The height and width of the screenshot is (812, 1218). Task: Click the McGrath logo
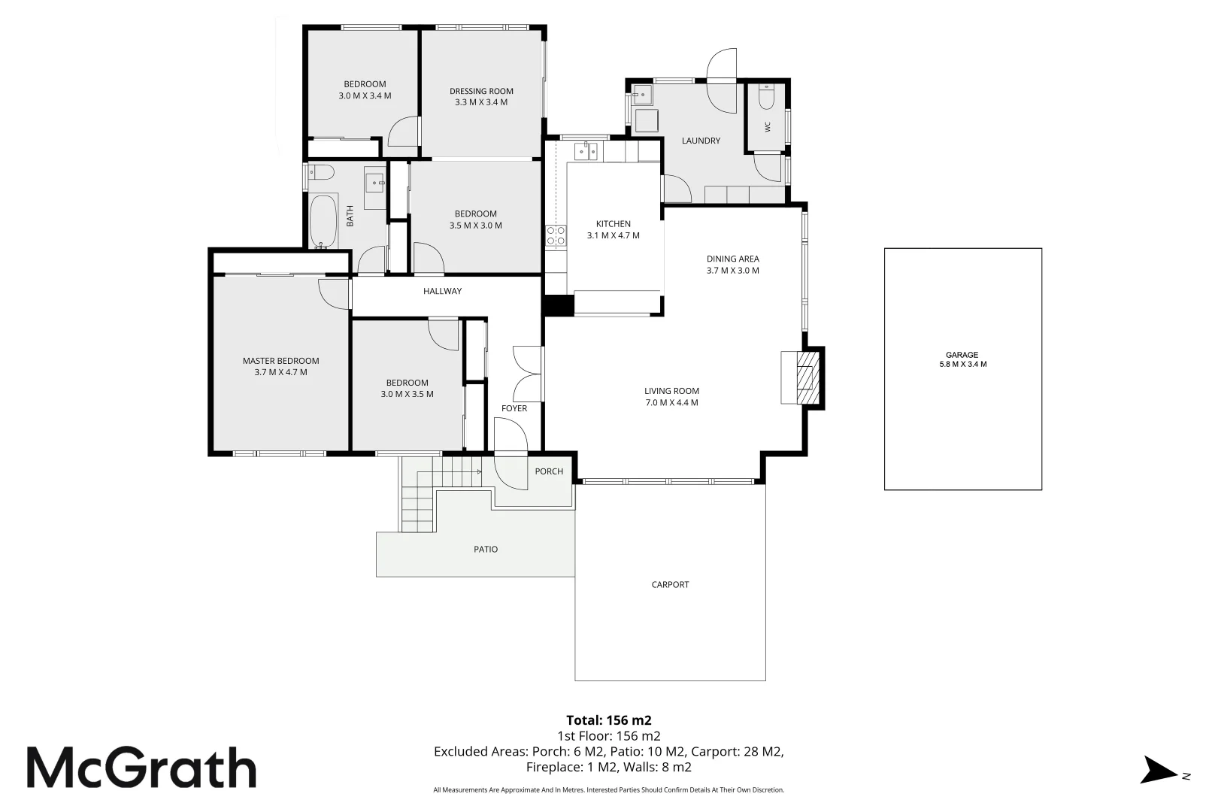tap(141, 767)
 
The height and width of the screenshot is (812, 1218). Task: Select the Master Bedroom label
tap(280, 361)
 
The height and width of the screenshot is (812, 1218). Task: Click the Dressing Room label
tap(481, 91)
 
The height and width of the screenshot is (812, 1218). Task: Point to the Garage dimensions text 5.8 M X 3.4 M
tap(962, 365)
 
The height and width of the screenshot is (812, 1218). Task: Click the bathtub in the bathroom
tap(323, 221)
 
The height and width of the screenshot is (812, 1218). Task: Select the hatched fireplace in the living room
tap(807, 377)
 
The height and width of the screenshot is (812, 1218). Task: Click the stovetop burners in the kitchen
tap(556, 236)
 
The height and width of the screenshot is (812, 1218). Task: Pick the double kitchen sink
tap(586, 150)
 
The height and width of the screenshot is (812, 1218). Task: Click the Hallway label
tap(442, 291)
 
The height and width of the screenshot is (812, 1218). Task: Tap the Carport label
tap(670, 585)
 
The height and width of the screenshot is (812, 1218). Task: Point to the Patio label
tap(486, 550)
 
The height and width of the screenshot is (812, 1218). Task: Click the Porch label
tap(549, 471)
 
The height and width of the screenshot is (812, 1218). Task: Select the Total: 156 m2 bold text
tap(608, 720)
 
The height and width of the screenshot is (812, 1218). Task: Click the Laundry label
tap(701, 141)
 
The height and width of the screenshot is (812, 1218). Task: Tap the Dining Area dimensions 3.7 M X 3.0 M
tap(732, 271)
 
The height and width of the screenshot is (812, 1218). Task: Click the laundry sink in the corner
tap(642, 94)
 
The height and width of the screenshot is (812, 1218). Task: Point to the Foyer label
tap(514, 408)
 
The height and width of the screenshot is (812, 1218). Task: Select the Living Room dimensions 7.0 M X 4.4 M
tap(671, 402)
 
